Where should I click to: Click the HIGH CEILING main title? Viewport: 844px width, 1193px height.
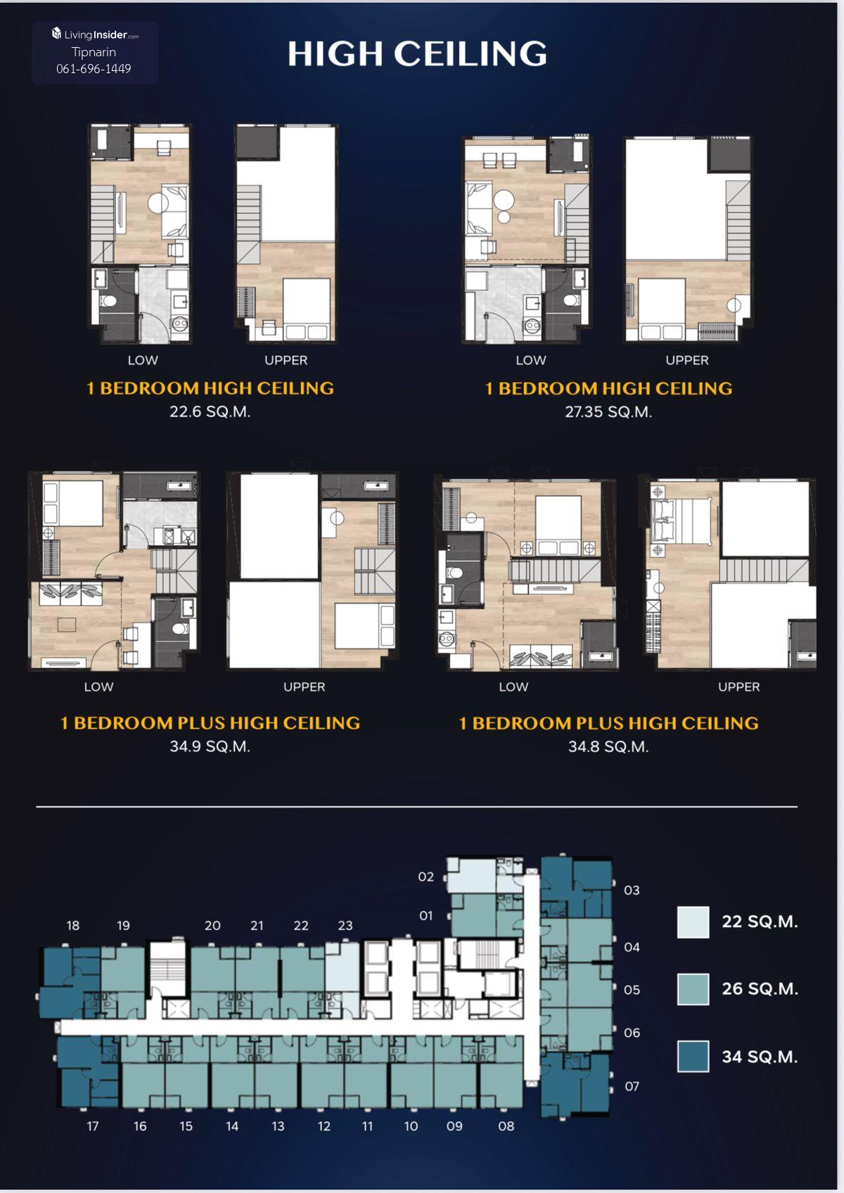pos(418,53)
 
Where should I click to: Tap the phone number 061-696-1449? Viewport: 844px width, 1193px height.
pos(94,69)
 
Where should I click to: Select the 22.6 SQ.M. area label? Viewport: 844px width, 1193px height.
pos(210,412)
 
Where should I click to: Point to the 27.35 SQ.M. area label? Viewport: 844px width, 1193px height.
pos(608,412)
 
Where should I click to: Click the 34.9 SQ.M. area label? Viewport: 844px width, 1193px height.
pos(210,746)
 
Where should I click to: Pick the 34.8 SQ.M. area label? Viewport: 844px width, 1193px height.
pos(608,746)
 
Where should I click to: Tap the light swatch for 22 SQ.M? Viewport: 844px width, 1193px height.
pos(693,922)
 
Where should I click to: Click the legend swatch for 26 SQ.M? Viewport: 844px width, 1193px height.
pos(693,989)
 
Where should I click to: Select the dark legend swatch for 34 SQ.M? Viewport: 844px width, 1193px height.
pos(693,1056)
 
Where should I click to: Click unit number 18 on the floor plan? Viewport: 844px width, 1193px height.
pos(73,925)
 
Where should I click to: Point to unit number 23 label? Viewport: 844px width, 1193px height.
pos(345,925)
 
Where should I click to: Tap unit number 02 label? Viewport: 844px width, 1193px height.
pos(426,876)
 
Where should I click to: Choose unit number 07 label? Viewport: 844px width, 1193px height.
pos(632,1086)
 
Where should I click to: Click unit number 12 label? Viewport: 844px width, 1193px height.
pos(324,1126)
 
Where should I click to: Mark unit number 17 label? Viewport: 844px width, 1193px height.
pos(93,1126)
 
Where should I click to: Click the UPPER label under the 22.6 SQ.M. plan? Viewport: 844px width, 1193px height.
pos(286,360)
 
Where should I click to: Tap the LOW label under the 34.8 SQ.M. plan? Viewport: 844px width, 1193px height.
pos(514,687)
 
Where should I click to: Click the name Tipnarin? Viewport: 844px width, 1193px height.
pos(94,51)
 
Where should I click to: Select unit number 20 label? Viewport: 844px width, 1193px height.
pos(212,925)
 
